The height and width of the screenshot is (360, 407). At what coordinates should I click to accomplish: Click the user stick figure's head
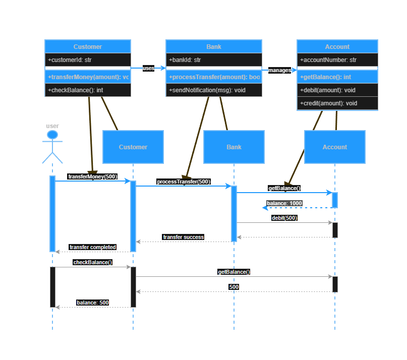52,135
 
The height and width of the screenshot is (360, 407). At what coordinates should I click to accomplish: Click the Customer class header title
88,46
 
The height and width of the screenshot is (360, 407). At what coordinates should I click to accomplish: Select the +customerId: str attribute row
88,60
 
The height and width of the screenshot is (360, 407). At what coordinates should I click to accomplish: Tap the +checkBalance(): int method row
88,90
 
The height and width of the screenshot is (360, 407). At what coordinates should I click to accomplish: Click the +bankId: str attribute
214,60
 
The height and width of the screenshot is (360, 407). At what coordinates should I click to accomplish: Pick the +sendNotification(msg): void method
214,90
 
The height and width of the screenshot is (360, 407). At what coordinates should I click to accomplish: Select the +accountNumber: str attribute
337,60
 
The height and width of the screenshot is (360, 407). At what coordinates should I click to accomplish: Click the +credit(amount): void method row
337,103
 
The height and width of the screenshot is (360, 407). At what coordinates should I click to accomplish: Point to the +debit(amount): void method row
337,90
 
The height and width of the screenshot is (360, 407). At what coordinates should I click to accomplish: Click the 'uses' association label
148,68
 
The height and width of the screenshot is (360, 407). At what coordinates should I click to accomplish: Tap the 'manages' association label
279,70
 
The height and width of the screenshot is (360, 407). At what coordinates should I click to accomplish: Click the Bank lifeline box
234,147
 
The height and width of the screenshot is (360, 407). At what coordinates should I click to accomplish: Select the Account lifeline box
335,147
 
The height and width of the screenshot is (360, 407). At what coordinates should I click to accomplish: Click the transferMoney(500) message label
92,176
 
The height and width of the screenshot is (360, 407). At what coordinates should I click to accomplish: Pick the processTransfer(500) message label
183,182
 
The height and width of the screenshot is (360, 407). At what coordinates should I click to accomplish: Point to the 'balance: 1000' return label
284,203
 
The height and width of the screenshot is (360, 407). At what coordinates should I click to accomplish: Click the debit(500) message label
284,218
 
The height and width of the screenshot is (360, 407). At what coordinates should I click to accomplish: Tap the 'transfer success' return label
183,237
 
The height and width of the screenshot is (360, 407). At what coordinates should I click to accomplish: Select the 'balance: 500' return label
93,303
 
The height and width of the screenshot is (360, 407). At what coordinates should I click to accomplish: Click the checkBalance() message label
93,262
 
